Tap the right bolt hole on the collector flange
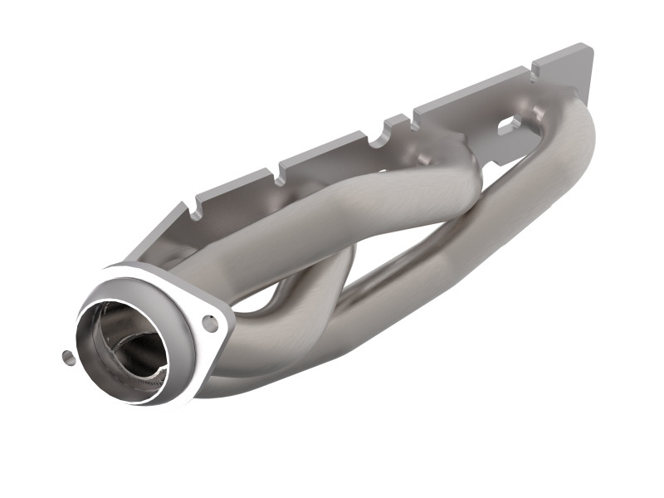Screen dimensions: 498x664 211,323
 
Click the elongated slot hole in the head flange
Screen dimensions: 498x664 507,125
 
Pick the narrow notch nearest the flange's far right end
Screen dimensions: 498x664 532,75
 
